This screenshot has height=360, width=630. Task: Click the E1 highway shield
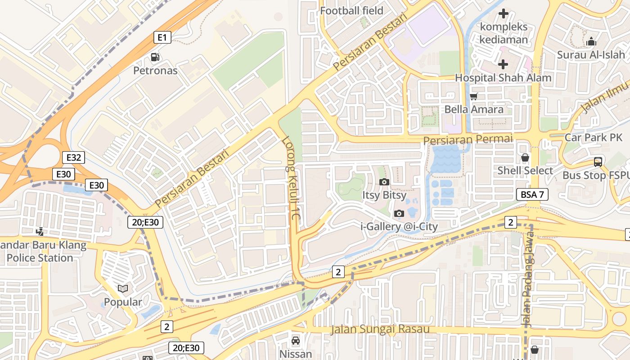point(162,37)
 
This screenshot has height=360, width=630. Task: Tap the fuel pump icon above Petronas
point(155,57)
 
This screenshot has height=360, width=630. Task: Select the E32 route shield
point(73,157)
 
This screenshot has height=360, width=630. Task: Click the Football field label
point(351,10)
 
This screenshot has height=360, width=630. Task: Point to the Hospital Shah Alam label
point(503,77)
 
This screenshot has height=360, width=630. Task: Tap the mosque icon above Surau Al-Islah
point(591,42)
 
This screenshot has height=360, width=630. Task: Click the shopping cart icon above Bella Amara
point(473,96)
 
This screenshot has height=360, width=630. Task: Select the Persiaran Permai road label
point(468,139)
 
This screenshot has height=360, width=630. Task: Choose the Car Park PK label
point(593,138)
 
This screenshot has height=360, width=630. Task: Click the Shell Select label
point(525,171)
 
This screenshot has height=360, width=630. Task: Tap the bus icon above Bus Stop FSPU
point(598,162)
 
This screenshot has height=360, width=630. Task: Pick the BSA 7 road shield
point(532,194)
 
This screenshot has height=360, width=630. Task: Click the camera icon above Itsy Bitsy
point(384,182)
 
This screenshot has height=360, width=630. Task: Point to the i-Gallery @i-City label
point(399,226)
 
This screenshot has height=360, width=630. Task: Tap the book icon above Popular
point(122,288)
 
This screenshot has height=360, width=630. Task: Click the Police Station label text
point(40,258)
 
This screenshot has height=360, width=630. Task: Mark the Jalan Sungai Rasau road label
point(380,329)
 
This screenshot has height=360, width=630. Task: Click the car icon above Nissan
point(295,341)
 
